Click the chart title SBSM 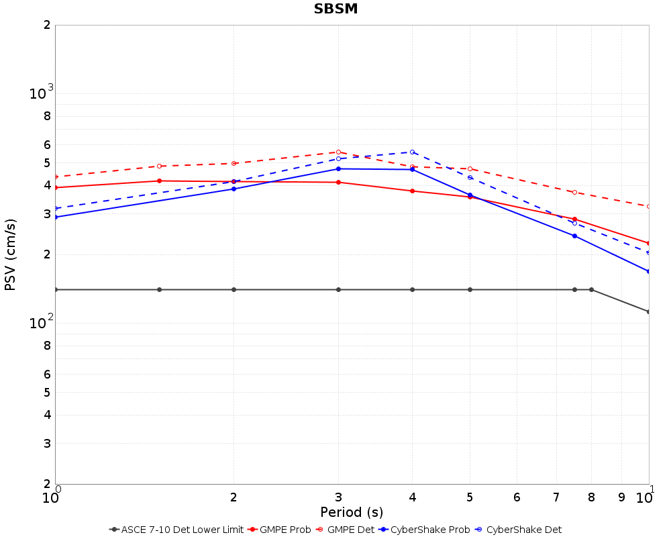pyautogui.click(x=335, y=9)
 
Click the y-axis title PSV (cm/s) pyautogui.click(x=10, y=254)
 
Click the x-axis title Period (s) pyautogui.click(x=352, y=512)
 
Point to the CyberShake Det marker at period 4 pyautogui.click(x=412, y=152)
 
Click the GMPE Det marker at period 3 pyautogui.click(x=338, y=152)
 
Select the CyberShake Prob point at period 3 pyautogui.click(x=338, y=168)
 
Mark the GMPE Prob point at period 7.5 pyautogui.click(x=574, y=219)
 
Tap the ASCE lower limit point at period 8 pyautogui.click(x=591, y=289)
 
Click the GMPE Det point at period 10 pyautogui.click(x=649, y=206)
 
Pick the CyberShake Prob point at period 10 pyautogui.click(x=649, y=271)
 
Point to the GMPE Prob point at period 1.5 pyautogui.click(x=159, y=181)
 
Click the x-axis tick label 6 pyautogui.click(x=517, y=497)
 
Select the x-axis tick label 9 pyautogui.click(x=621, y=497)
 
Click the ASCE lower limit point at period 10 pyautogui.click(x=649, y=311)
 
